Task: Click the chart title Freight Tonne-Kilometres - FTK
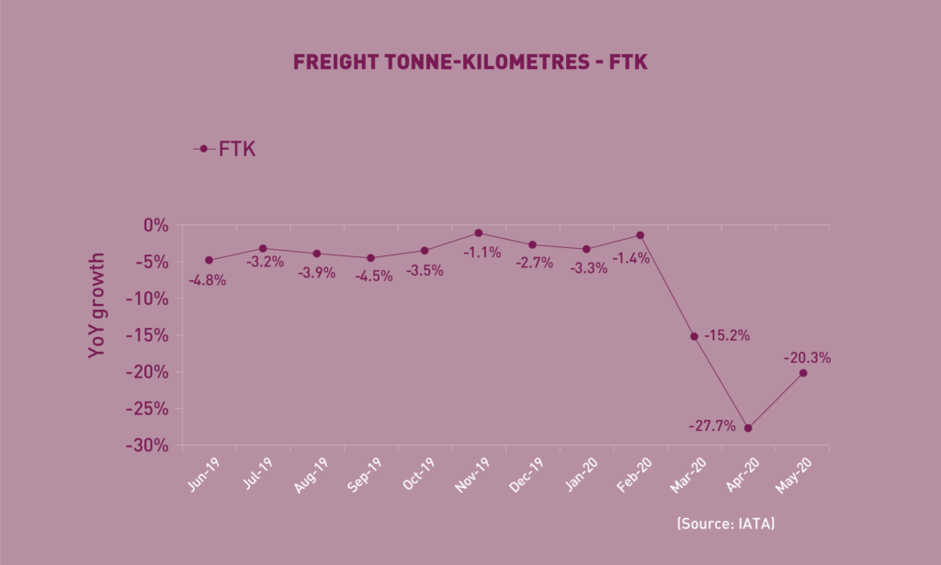470,62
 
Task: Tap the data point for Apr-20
748,428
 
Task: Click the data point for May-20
803,373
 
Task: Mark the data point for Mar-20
694,336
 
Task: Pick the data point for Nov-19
479,233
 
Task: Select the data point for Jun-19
210,260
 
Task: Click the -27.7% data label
713,427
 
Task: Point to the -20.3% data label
807,358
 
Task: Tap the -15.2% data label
726,336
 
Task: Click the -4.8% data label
207,279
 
